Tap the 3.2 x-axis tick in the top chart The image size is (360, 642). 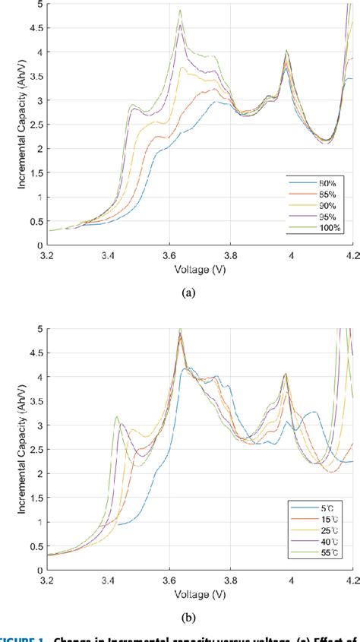(x=48, y=256)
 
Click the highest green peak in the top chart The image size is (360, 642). (x=180, y=11)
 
